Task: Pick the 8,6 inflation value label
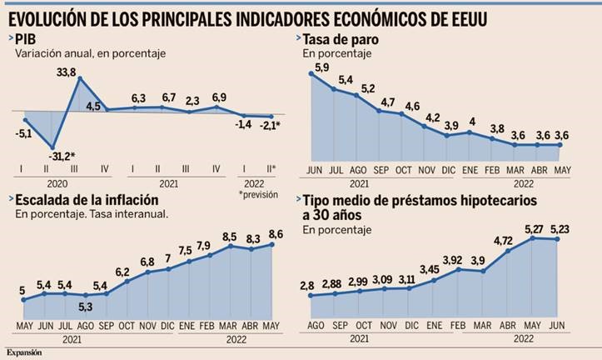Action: pyautogui.click(x=273, y=235)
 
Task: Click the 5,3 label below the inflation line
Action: pyautogui.click(x=86, y=306)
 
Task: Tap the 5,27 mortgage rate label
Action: pyautogui.click(x=531, y=229)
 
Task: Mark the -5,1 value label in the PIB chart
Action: pyautogui.click(x=25, y=130)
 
